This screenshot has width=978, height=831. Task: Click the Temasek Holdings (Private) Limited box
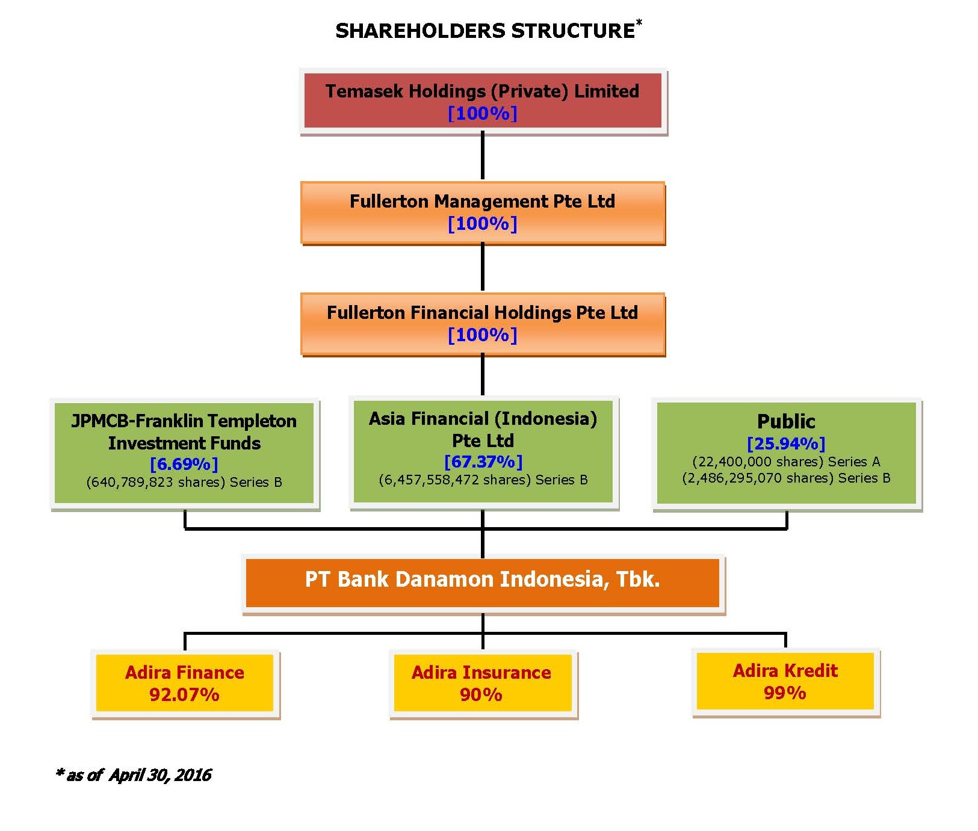(x=483, y=101)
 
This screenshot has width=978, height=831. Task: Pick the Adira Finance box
(x=185, y=684)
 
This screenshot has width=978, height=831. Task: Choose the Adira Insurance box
(x=483, y=684)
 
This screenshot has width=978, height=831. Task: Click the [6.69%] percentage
(x=184, y=464)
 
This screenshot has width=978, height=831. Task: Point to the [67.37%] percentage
(x=483, y=462)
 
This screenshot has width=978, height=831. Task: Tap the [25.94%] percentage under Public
(x=786, y=443)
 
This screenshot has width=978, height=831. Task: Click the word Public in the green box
(x=786, y=421)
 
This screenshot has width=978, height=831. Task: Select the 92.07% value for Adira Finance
(x=184, y=694)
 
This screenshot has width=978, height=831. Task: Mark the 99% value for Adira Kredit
(x=785, y=693)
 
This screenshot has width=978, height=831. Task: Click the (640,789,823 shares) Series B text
(x=184, y=482)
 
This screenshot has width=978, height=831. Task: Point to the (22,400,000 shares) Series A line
(x=786, y=462)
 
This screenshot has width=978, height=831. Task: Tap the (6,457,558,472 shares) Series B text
(x=483, y=480)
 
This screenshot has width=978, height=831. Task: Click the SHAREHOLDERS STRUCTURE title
(x=485, y=31)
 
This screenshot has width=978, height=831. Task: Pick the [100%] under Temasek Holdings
(x=483, y=113)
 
